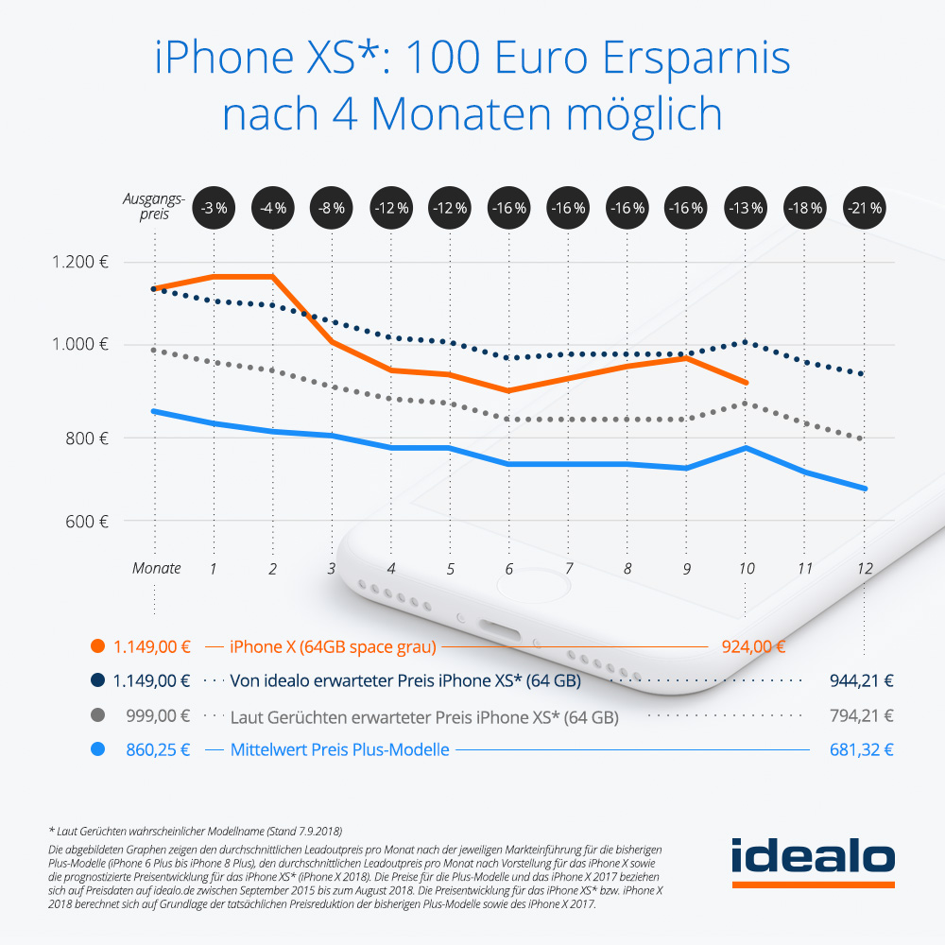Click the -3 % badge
(x=214, y=206)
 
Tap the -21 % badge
(x=864, y=206)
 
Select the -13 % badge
(x=746, y=206)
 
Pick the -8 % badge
(x=332, y=206)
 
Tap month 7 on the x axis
(x=569, y=569)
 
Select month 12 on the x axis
(x=864, y=569)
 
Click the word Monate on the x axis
(x=156, y=569)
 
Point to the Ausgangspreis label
(x=153, y=206)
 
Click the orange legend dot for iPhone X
(x=95, y=647)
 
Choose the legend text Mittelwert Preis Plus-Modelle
(x=340, y=750)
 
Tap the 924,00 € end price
(x=754, y=647)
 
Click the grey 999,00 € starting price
(x=158, y=716)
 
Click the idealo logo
(x=813, y=861)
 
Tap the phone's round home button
(x=514, y=604)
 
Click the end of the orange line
(x=747, y=383)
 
